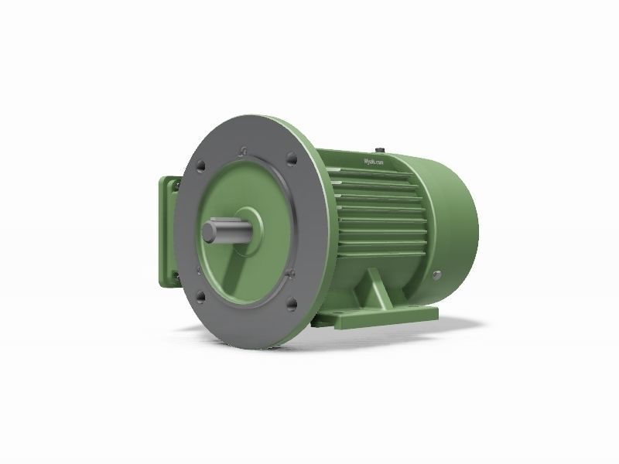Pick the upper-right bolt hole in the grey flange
(292, 160)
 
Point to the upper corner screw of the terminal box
(176, 186)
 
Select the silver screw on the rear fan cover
(437, 274)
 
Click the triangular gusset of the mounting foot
(375, 290)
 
